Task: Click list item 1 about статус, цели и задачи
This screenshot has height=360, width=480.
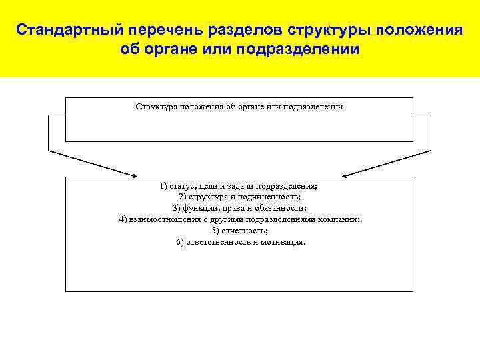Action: coord(239,186)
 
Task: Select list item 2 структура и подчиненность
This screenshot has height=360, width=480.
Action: coord(239,197)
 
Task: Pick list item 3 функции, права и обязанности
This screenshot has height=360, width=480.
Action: coord(239,208)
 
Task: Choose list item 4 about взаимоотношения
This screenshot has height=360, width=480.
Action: coord(239,219)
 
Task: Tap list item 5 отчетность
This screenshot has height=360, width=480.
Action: coord(239,231)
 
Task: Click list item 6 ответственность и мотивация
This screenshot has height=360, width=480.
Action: coord(239,241)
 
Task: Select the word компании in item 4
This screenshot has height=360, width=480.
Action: coord(340,219)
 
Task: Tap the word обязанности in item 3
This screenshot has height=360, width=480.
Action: coord(283,208)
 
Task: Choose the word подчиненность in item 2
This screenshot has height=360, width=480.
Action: coord(273,197)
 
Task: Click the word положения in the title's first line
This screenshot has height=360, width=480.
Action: coord(420,31)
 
